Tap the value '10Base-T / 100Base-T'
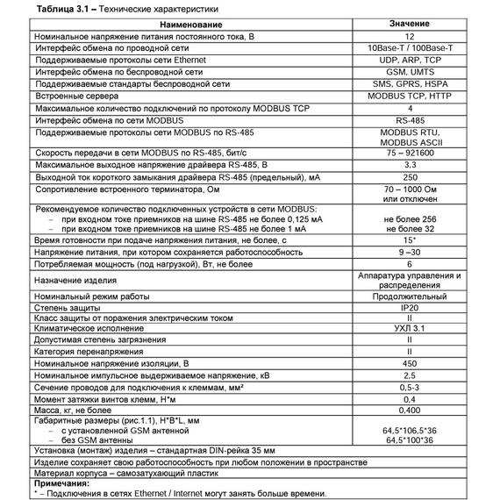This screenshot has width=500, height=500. [x=410, y=50]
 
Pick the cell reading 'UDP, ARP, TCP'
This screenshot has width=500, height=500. [x=410, y=61]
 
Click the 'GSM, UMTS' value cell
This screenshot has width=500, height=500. [x=410, y=73]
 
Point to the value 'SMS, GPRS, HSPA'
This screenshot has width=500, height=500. [x=410, y=84]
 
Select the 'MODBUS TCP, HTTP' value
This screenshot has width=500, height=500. [x=410, y=96]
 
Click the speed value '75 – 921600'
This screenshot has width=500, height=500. [x=410, y=152]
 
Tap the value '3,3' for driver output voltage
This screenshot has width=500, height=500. [x=410, y=164]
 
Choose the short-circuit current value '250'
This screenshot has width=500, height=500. [x=410, y=176]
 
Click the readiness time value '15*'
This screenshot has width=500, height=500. [x=410, y=239]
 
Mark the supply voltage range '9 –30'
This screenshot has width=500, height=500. [x=410, y=251]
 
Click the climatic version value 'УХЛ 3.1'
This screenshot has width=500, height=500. [x=410, y=328]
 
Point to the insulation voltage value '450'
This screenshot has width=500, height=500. [x=410, y=362]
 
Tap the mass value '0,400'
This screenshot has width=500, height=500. [x=410, y=409]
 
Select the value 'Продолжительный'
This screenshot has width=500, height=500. [x=410, y=296]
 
